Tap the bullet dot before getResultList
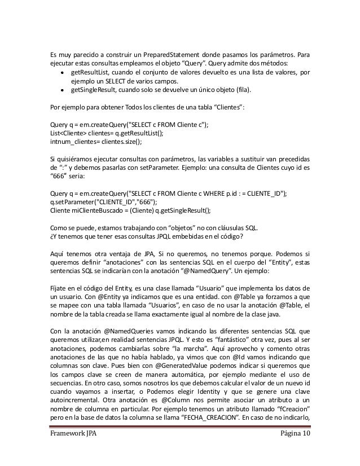point(60,73)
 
